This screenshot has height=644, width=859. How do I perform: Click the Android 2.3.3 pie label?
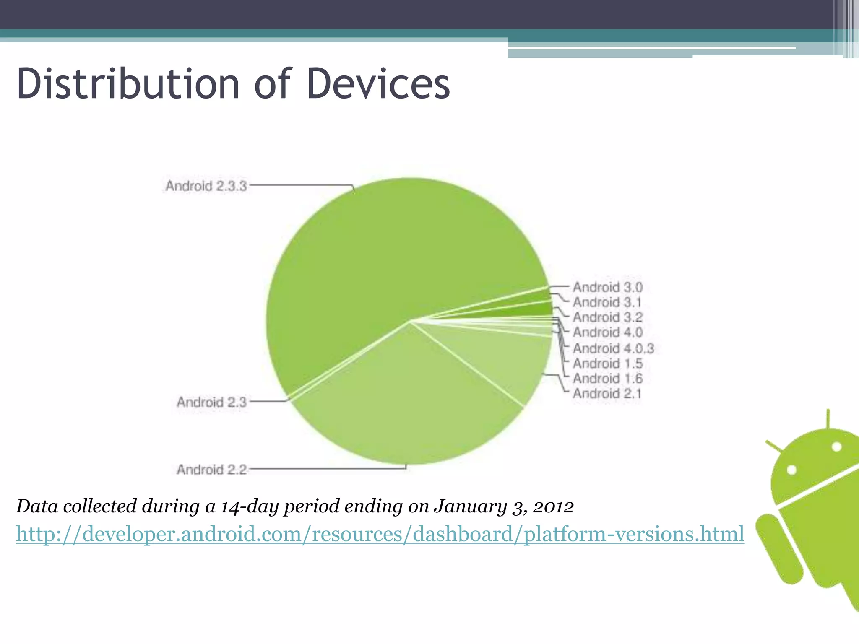pos(206,186)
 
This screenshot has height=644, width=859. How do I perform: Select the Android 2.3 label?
pos(211,402)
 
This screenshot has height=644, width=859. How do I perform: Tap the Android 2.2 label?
pos(211,470)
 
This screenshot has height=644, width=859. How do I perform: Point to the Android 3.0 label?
pos(607,287)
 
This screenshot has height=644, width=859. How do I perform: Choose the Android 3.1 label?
pos(607,302)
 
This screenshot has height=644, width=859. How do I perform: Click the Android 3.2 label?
pos(607,317)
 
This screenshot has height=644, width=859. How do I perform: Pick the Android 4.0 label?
pos(607,332)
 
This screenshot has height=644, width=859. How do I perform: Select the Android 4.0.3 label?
pos(613,348)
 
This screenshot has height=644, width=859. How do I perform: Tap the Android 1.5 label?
pos(607,364)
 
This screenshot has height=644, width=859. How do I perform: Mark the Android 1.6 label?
pos(607,379)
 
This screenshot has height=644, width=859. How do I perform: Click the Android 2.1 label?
pos(607,394)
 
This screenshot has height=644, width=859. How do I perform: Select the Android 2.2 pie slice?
pos(403,402)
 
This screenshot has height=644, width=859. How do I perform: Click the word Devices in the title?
pos(378,84)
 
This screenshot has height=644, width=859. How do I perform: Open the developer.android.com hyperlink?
pos(380,534)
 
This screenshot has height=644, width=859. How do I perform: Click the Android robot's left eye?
pos(791,470)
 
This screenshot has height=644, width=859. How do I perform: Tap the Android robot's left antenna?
pos(774,447)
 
